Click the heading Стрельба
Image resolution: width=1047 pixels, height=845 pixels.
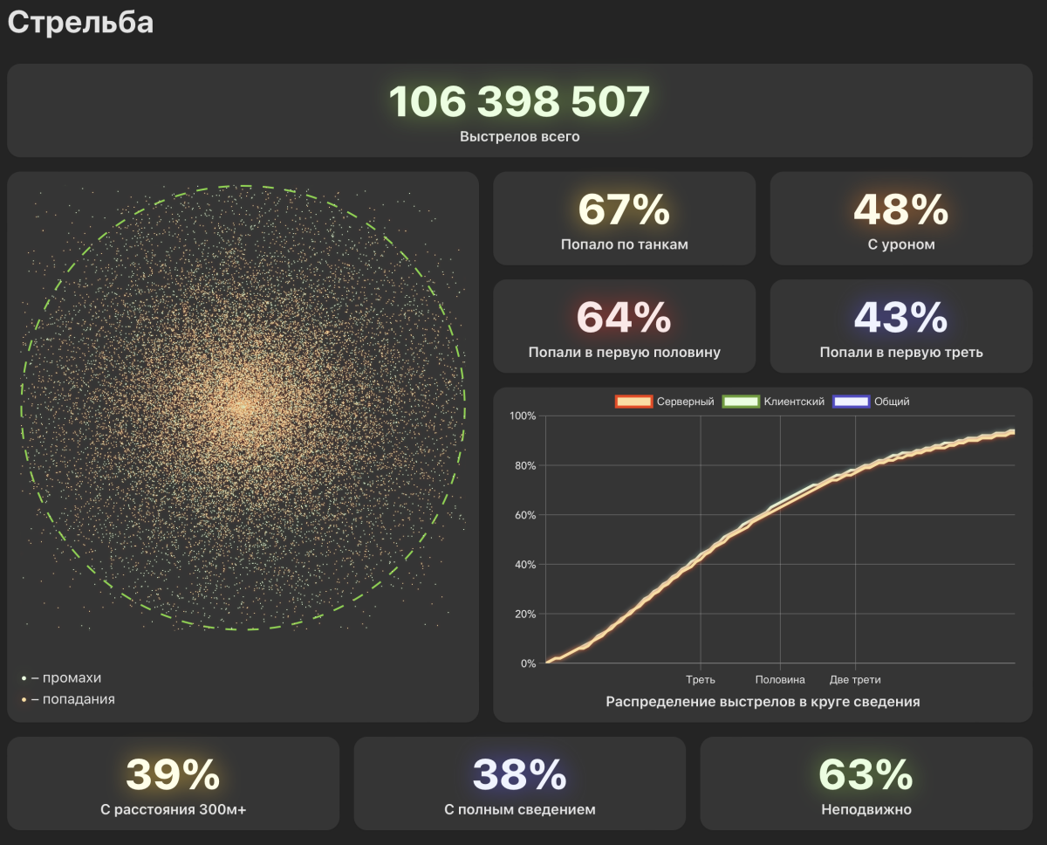pos(80,23)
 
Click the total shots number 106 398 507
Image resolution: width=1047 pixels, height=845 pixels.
pos(519,102)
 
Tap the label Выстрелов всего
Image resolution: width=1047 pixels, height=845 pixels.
pos(519,137)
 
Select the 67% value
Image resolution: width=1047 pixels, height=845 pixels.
pos(624,210)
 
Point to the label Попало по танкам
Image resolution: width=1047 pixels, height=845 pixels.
pos(624,244)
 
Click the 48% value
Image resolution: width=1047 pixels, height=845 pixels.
pos(900,210)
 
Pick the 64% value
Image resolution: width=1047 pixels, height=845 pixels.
pos(624,318)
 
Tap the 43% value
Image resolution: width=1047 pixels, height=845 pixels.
pos(900,318)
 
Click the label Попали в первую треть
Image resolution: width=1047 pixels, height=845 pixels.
pos(900,353)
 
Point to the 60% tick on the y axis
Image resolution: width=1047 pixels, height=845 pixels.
pos(523,515)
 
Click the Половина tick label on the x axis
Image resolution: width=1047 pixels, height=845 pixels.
pos(780,679)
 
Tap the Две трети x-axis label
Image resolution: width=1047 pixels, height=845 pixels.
pos(855,679)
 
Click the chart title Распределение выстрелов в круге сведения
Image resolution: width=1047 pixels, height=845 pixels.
pos(763,702)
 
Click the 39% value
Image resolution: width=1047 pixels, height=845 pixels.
pos(173,774)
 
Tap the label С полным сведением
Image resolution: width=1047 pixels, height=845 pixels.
pos(519,809)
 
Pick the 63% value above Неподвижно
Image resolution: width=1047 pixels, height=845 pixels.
pos(866,774)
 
